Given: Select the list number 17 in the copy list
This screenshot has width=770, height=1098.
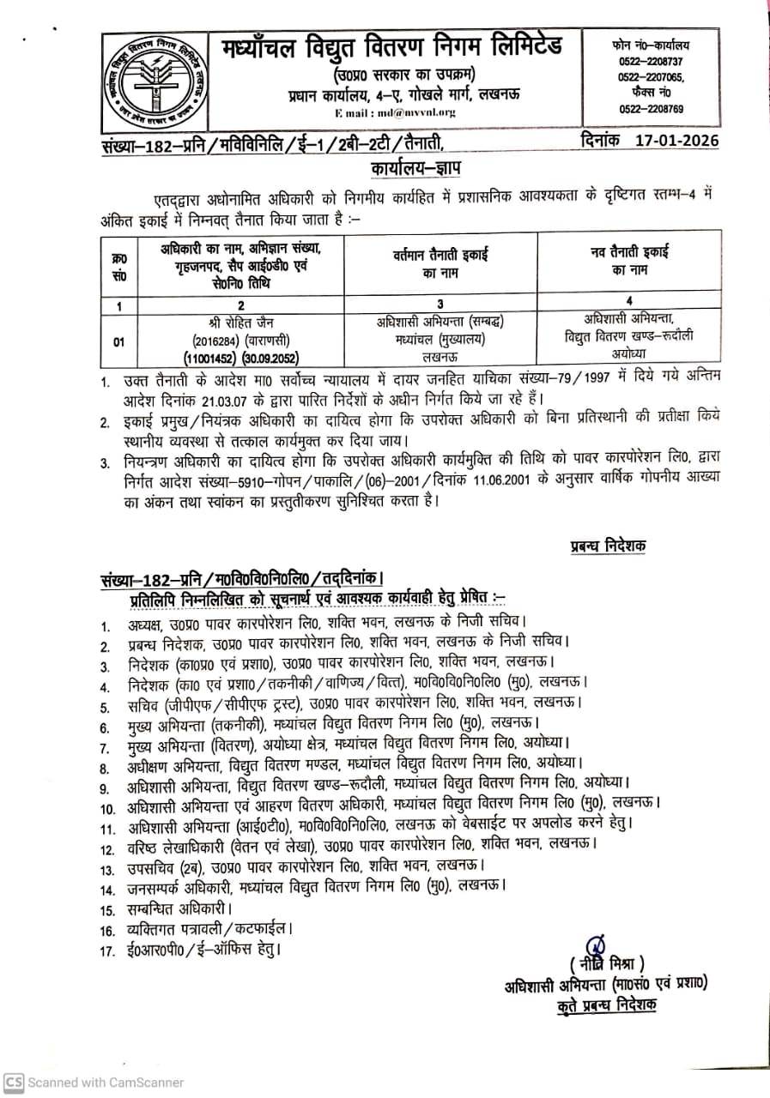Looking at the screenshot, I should pos(107,950).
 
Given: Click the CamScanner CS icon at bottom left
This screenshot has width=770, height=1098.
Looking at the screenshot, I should pos(13,1082).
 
